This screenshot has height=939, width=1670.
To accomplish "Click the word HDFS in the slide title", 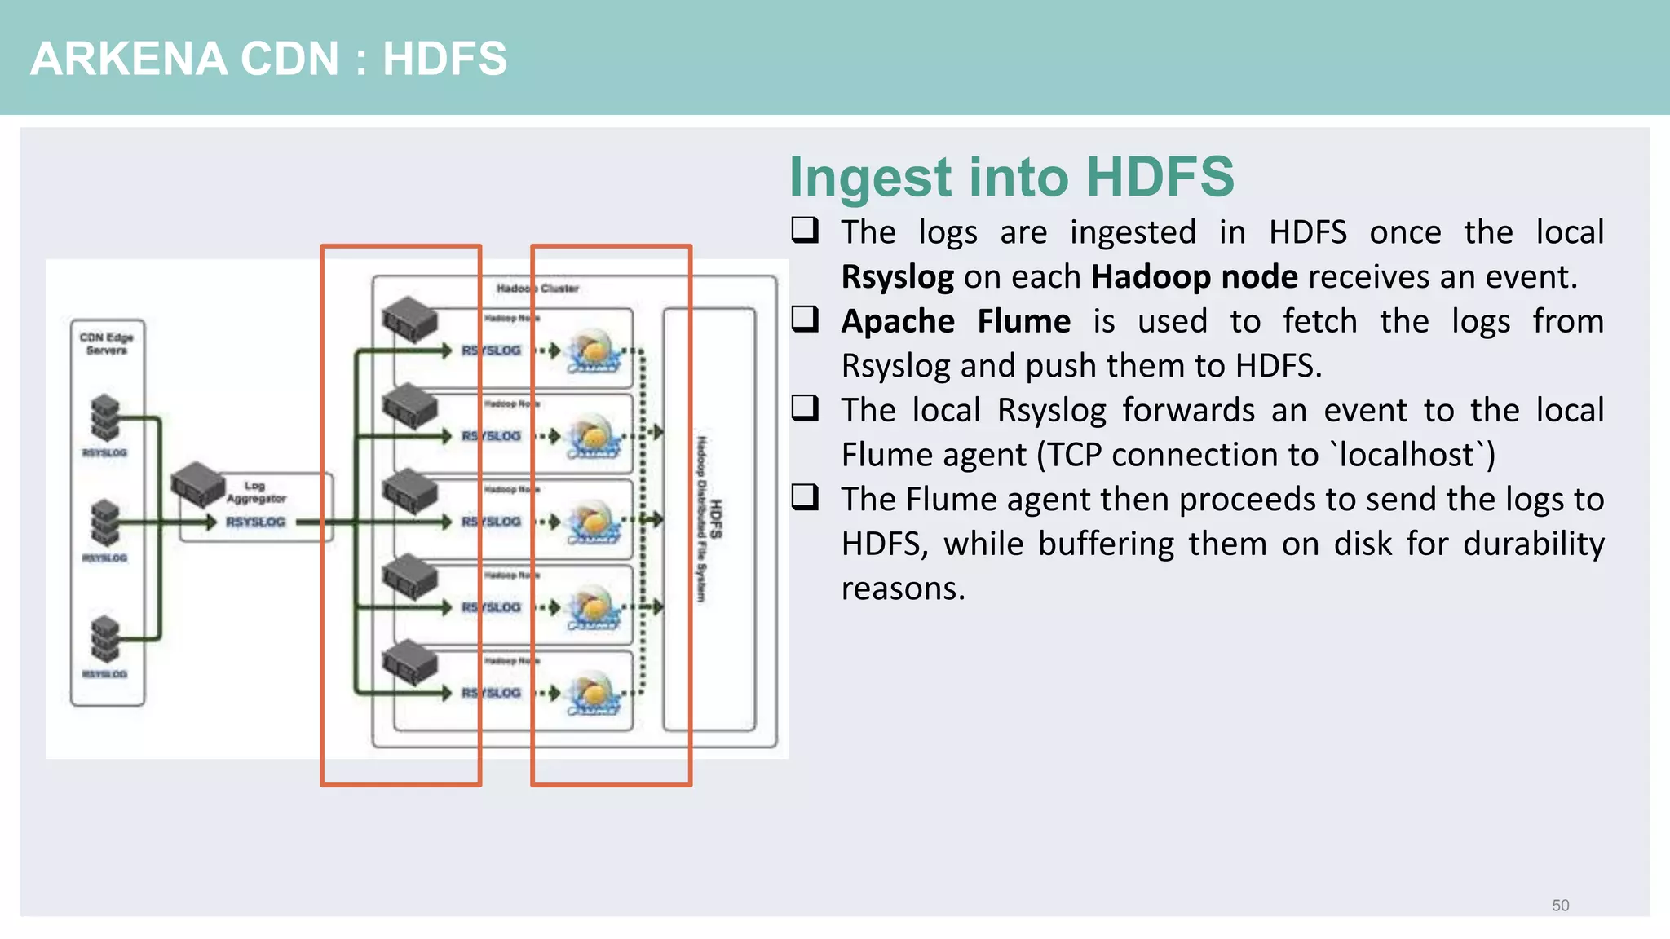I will pos(444,59).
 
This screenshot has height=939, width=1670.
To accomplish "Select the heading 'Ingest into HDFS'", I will pos(1011,177).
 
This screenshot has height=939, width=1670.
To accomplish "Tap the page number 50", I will pos(1560,906).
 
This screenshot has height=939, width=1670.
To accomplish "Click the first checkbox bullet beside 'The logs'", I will pos(805,230).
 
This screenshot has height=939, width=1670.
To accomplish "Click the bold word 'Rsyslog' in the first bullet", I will pos(897,277).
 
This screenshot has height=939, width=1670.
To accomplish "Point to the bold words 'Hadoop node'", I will pos(1194,277).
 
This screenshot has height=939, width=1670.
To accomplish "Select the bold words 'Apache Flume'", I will pos(955,321).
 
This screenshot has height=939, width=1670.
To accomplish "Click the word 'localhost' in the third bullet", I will pos(1407,455).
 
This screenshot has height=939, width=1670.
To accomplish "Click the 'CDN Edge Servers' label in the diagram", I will pos(106,343).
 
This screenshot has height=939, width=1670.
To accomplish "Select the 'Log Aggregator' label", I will pos(255,492).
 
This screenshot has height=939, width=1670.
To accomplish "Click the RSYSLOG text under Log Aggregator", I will pos(255,522).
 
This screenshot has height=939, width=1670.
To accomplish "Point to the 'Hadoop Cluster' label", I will pos(537,289).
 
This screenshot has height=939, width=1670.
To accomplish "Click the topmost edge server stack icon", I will pos(105,417).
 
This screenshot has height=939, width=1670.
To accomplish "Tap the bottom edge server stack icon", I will pos(105,638).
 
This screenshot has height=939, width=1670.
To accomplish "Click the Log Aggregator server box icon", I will pos(198,483).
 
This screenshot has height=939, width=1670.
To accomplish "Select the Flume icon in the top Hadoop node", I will pos(594,351).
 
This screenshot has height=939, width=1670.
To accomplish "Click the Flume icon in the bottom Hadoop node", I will pos(594,694).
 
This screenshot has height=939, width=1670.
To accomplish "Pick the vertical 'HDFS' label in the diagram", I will pos(715,519).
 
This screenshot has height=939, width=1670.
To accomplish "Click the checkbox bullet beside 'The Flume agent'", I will pos(805,496).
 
